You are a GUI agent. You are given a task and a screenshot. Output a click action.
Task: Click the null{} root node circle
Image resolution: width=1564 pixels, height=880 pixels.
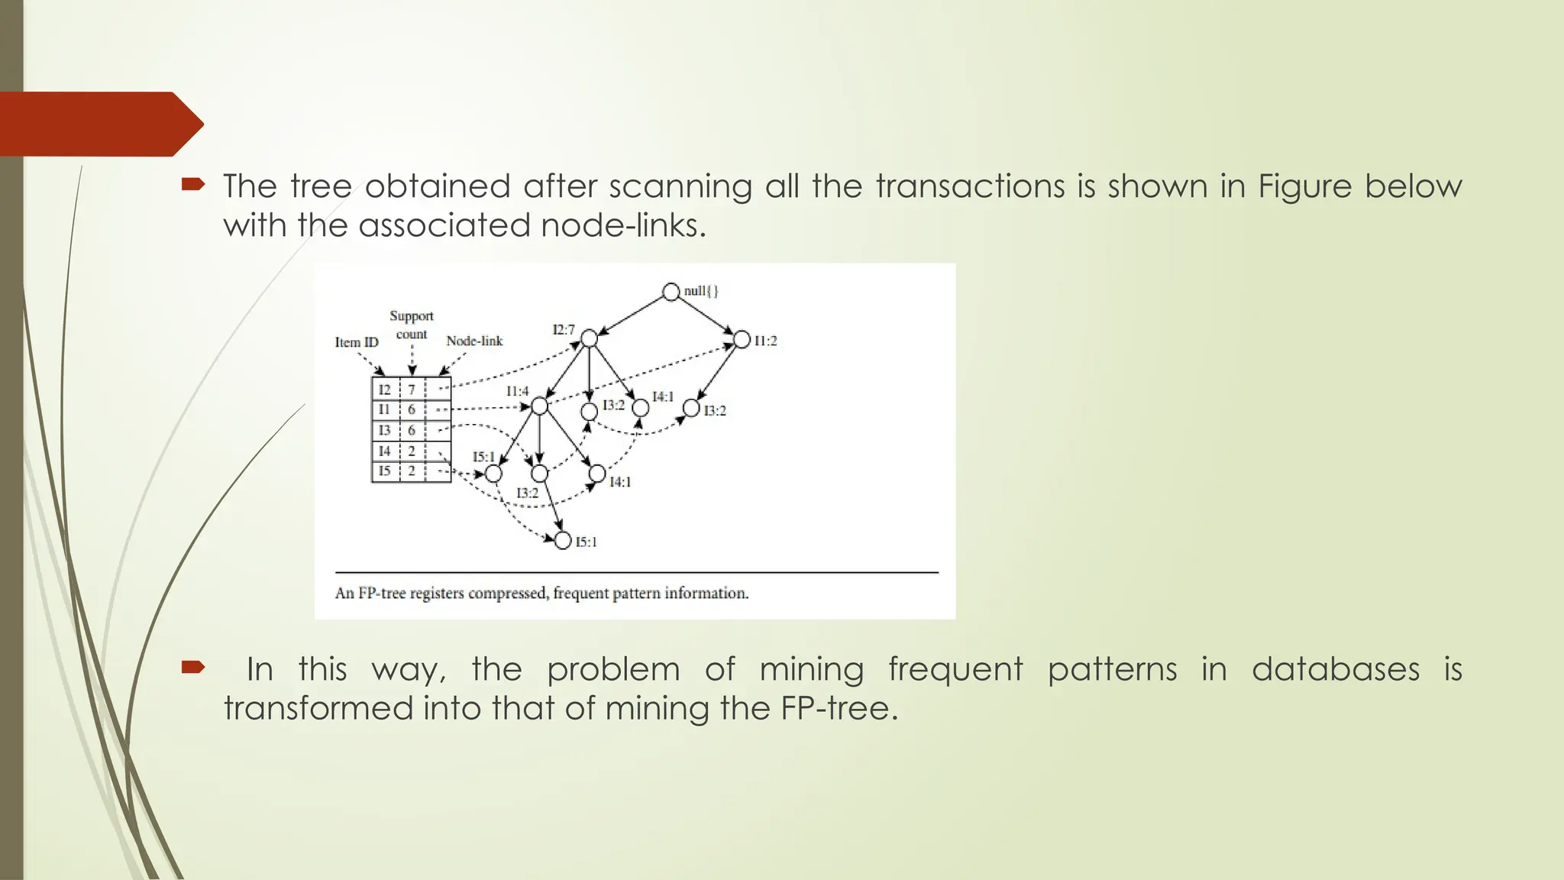[671, 292]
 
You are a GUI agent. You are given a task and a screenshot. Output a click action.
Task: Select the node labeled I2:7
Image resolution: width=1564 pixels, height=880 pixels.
[589, 338]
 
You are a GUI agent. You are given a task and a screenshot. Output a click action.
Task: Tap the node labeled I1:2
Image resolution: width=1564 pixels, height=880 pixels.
[742, 339]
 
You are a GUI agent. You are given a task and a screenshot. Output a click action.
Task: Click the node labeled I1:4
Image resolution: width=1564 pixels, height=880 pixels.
[539, 406]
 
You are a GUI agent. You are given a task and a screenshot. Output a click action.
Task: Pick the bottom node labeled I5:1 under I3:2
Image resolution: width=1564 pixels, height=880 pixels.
[563, 541]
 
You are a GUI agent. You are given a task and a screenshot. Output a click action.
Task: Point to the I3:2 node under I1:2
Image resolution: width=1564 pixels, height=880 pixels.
[691, 408]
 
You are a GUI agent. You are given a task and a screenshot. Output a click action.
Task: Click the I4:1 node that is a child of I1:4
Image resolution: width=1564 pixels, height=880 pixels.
[597, 474]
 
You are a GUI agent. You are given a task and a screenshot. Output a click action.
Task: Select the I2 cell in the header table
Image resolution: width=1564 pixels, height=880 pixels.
[384, 390]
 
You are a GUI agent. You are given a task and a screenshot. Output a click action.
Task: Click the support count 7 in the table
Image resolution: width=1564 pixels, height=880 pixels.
[411, 390]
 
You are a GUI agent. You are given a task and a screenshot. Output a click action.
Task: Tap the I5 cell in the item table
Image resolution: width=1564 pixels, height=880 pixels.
[384, 471]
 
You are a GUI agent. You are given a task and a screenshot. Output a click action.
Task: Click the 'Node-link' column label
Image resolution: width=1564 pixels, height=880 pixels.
[474, 341]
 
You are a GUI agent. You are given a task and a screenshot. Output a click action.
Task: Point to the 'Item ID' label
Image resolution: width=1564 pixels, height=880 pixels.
[357, 342]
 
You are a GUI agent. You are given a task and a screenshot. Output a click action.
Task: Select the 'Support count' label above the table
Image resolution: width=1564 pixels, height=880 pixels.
[411, 325]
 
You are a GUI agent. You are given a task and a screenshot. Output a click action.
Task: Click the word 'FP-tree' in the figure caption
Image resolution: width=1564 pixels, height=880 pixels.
[382, 594]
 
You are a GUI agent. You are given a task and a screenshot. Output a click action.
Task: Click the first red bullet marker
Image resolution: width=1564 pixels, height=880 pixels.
[193, 183]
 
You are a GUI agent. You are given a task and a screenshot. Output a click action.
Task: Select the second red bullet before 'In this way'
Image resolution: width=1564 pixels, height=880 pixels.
[193, 667]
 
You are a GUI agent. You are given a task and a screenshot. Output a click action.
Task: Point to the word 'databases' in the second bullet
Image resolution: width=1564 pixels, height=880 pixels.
[1335, 669]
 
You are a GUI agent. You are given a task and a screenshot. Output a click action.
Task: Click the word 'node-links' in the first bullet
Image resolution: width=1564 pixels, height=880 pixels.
[622, 225]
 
